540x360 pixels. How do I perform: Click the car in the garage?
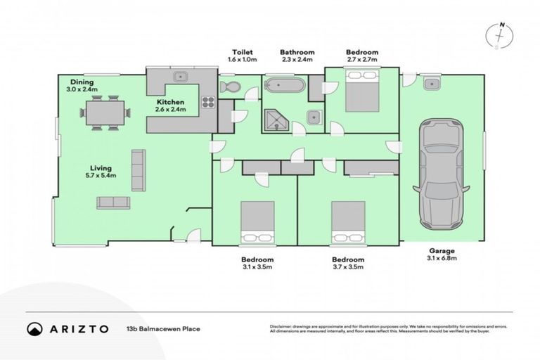click(x=441, y=174)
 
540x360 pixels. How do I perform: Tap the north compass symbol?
click(x=501, y=35)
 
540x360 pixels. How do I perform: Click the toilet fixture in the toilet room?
click(x=230, y=87)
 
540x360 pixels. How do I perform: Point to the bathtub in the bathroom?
click(x=285, y=86)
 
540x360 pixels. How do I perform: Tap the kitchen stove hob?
click(x=207, y=102)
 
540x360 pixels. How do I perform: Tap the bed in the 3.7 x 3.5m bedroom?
click(x=348, y=221)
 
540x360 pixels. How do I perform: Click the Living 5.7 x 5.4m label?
click(x=101, y=172)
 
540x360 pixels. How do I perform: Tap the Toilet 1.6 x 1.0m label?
click(x=243, y=56)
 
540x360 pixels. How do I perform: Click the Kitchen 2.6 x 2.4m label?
click(x=170, y=106)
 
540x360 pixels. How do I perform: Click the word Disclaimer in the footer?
click(x=282, y=326)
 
